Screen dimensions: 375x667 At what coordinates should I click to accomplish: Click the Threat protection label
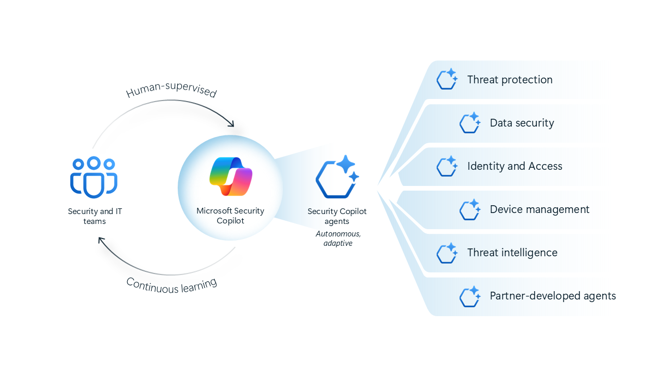tap(510, 80)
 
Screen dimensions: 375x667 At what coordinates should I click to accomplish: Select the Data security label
tap(522, 123)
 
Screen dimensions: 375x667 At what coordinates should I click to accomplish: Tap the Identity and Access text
tap(515, 166)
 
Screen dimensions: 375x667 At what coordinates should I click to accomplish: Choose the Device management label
tap(539, 209)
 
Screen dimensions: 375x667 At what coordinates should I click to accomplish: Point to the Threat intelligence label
tap(512, 253)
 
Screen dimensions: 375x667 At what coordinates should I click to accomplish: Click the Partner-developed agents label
tap(553, 296)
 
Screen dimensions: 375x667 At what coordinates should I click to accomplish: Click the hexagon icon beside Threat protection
tap(447, 80)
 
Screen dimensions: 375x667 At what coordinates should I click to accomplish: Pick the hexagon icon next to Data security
tap(470, 123)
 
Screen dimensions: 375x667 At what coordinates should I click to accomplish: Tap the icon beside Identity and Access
tap(447, 166)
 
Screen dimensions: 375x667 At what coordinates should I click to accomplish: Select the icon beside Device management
tap(470, 209)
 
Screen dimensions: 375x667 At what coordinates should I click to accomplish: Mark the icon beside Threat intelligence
tap(447, 253)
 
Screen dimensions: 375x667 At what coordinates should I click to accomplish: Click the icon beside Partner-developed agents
tap(470, 296)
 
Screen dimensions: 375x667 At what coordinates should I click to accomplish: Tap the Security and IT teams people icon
tap(94, 177)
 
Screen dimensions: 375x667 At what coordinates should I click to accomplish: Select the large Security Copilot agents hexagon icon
tap(337, 177)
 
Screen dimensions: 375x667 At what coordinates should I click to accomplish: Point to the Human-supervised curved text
tap(171, 90)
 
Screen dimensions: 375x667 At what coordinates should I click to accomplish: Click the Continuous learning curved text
tap(171, 285)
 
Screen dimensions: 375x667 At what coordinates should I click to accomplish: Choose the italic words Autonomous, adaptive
tap(338, 239)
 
